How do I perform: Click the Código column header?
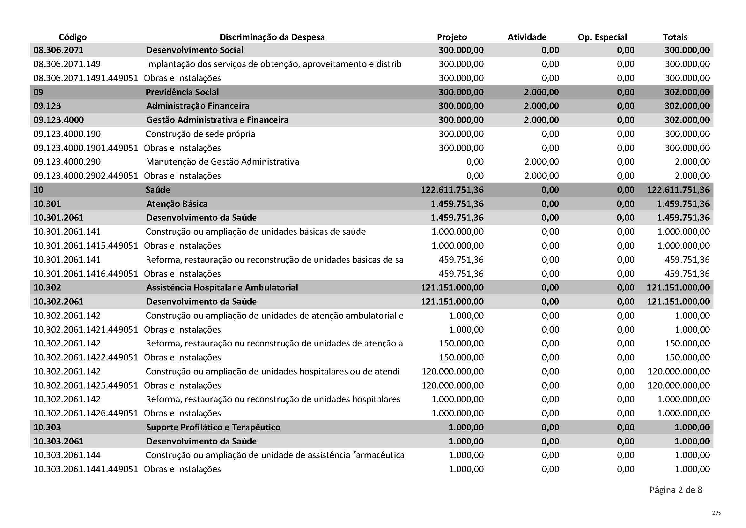tap(72, 37)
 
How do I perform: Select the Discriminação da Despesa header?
tap(272, 37)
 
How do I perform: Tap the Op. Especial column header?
tap(602, 37)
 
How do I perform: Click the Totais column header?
tap(675, 37)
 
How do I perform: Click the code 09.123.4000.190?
tap(67, 134)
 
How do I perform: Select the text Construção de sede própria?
tap(200, 134)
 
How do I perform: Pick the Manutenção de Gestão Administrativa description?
tap(222, 162)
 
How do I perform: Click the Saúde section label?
tap(158, 190)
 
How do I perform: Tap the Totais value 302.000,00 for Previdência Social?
tap(687, 92)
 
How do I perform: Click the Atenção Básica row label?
tap(176, 204)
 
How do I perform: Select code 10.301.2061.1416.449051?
tap(86, 274)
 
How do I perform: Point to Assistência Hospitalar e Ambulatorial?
tap(222, 287)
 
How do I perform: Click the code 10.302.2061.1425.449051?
tap(86, 385)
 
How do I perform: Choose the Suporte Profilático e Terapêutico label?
tap(213, 427)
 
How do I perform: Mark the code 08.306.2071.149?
tap(67, 64)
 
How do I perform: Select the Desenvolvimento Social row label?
tap(195, 50)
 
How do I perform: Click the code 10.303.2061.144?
tap(67, 455)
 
